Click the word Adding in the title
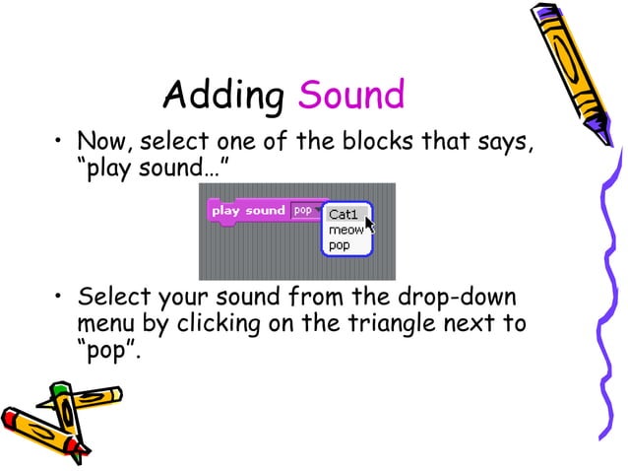(x=222, y=96)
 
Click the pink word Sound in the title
(x=351, y=96)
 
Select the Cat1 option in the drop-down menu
(x=344, y=214)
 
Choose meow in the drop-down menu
(x=345, y=230)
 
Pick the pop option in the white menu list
(x=339, y=244)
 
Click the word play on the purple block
(x=226, y=210)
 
